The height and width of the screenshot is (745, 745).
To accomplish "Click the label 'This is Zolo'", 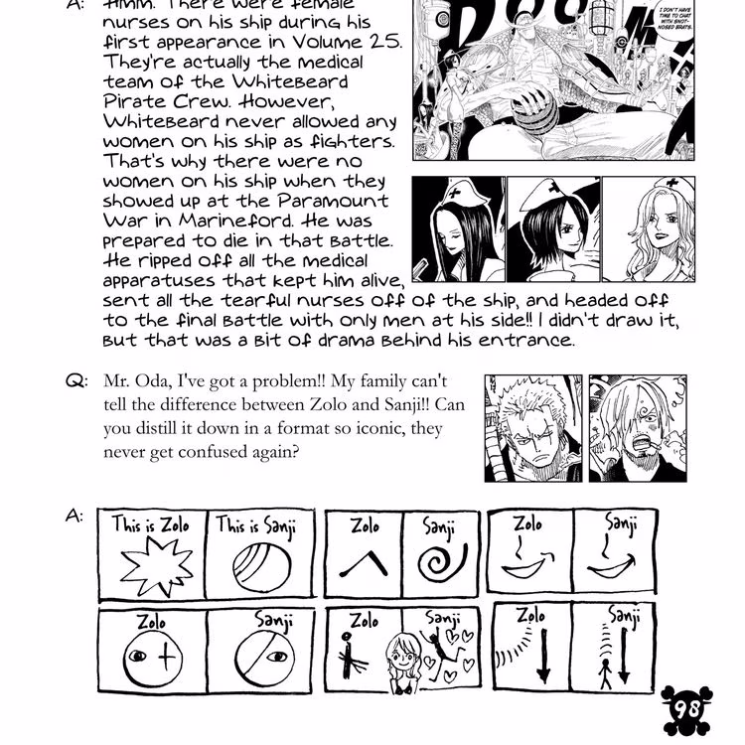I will (150, 522).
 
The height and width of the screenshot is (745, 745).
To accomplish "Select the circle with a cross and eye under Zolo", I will (152, 659).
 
